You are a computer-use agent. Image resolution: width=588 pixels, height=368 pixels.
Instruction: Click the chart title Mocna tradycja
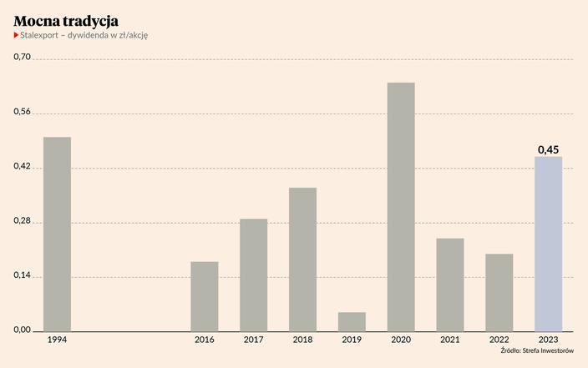pos(65,18)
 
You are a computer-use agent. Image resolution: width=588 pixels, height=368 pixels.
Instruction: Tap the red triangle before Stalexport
pos(16,35)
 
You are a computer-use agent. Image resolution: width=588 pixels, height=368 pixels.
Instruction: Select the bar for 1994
pos(57,234)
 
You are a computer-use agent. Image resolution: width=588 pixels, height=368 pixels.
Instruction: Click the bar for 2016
pos(205,296)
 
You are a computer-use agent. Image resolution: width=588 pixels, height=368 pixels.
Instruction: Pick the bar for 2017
pos(253,275)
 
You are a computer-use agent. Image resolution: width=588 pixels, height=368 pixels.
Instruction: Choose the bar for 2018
pos(302,259)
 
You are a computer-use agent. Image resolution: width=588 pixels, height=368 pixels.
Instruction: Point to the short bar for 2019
pos(352,321)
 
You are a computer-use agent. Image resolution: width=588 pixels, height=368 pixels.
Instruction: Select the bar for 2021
pos(450,285)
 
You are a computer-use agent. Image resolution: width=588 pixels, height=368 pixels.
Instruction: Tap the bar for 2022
pos(499,292)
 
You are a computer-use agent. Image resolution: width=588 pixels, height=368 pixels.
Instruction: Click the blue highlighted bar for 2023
pos(548,244)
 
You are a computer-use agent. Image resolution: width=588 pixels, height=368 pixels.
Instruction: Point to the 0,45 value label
pos(548,149)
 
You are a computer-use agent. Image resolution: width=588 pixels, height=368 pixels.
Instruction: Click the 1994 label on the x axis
pos(57,340)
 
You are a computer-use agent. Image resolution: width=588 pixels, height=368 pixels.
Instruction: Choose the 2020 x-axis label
pos(401,340)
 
